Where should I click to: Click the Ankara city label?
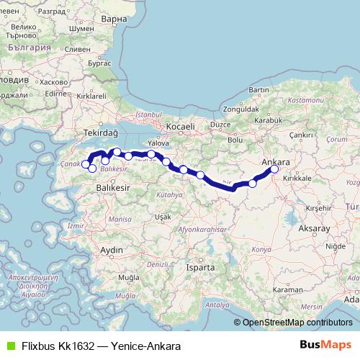click(277, 161)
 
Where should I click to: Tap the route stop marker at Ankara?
click(274, 170)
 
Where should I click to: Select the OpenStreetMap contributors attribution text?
click(297, 323)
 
